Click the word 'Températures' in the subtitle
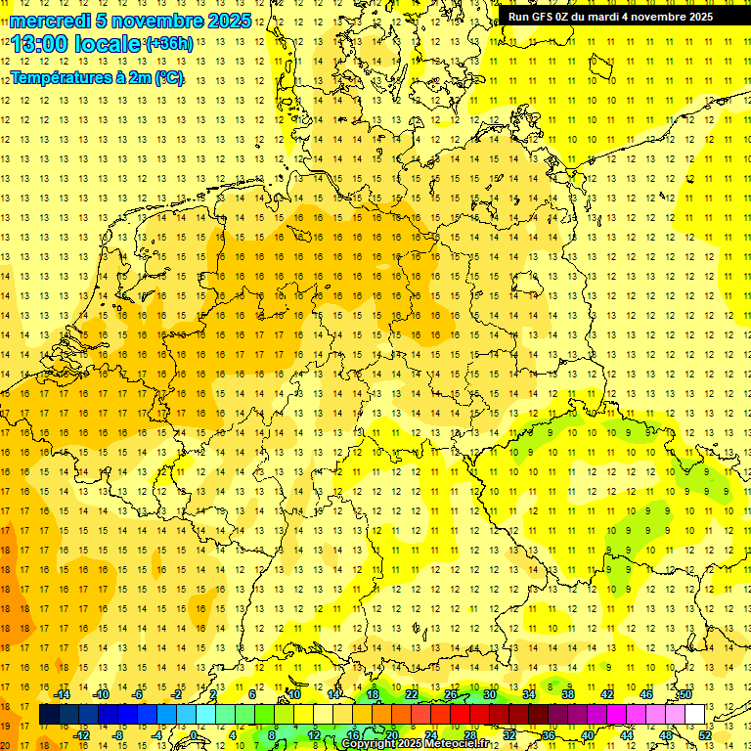(61, 78)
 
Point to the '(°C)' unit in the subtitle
(167, 78)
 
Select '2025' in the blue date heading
(230, 21)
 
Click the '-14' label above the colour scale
(63, 694)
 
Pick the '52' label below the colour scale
(705, 735)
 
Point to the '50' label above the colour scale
(685, 694)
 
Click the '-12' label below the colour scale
(82, 735)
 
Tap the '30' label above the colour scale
(490, 694)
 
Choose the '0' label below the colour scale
(195, 735)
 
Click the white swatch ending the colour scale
(695, 715)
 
